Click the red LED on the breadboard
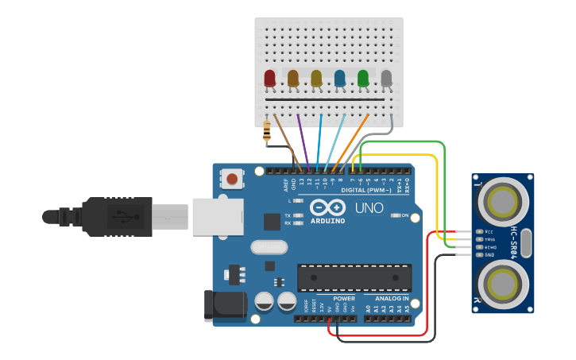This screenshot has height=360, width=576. (x=269, y=78)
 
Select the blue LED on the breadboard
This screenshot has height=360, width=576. (x=340, y=78)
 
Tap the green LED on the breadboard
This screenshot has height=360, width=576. (x=363, y=78)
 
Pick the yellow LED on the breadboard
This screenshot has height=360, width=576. (x=316, y=78)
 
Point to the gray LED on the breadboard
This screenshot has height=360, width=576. (x=386, y=78)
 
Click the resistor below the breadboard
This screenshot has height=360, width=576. (x=266, y=134)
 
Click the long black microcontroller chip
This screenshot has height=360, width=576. (x=354, y=277)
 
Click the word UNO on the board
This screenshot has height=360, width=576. (x=368, y=208)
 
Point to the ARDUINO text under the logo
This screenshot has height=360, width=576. (x=327, y=220)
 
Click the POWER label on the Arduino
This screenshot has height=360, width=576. (x=333, y=299)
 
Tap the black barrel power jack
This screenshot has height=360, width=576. (x=220, y=307)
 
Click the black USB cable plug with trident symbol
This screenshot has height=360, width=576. (x=119, y=215)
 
